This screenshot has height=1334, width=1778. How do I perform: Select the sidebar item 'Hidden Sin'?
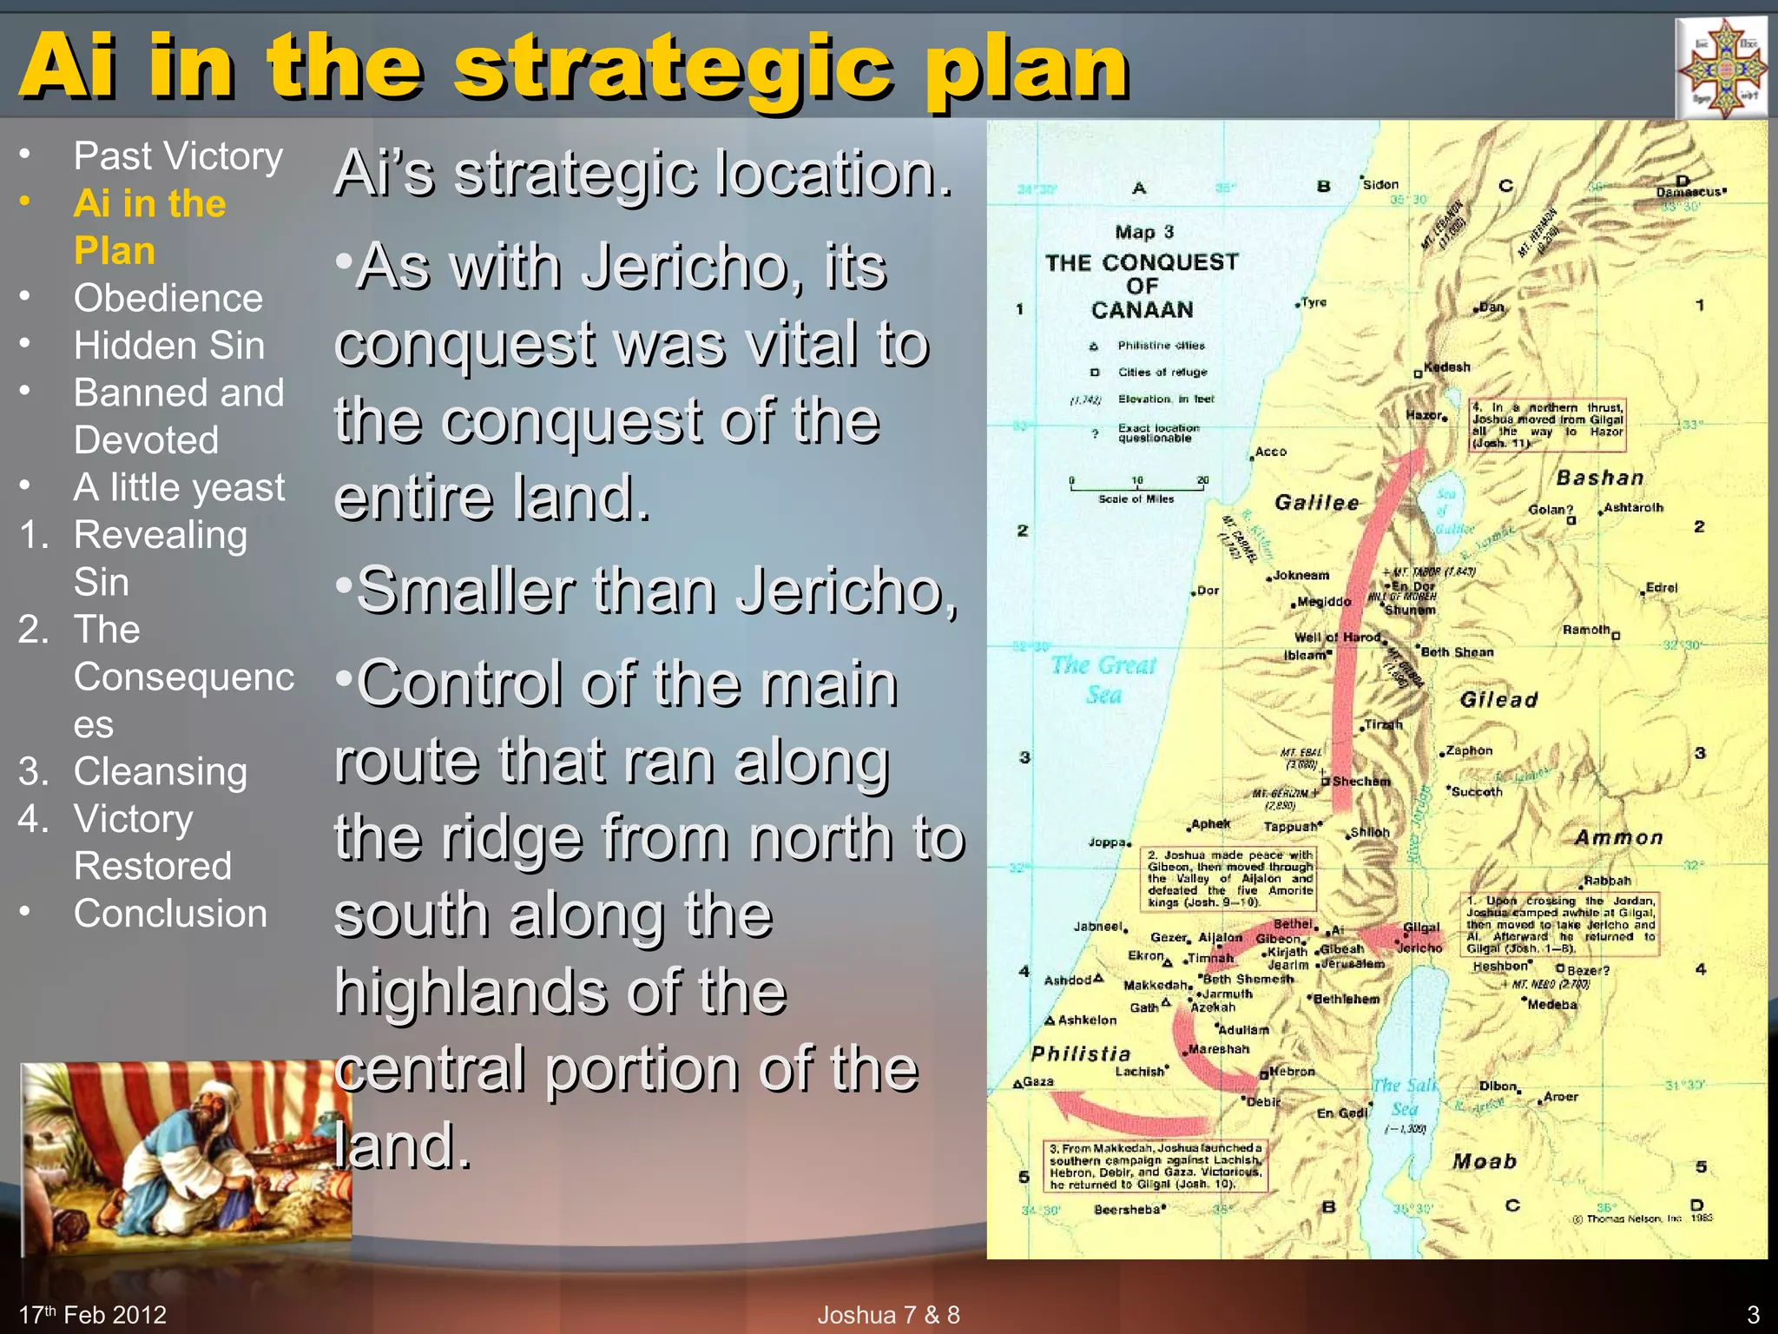[x=168, y=346]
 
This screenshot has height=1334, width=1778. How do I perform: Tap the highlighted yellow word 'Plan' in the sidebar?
[x=115, y=251]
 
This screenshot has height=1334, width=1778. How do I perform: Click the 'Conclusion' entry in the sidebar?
[x=170, y=914]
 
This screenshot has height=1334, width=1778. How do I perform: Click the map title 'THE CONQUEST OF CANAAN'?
[x=1142, y=286]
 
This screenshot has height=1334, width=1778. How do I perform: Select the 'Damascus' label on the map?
[x=1689, y=192]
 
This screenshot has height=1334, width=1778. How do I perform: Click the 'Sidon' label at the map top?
[x=1380, y=184]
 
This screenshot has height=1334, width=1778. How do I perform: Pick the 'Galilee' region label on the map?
[x=1316, y=503]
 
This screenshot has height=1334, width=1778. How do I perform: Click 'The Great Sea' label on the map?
[x=1103, y=679]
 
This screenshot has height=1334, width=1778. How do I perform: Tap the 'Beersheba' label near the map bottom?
[x=1128, y=1210]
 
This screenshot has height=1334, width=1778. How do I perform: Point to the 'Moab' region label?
[x=1485, y=1162]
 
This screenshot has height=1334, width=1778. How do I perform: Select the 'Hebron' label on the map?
[x=1292, y=1072]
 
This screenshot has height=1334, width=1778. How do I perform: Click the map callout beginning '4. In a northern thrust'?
[x=1547, y=425]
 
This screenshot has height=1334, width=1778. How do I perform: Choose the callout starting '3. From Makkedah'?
[x=1156, y=1166]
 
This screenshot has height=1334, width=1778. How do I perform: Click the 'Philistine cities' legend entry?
[x=1161, y=346]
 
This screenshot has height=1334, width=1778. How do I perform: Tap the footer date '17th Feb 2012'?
[x=93, y=1315]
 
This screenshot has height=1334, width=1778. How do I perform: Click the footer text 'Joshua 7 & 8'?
[x=888, y=1315]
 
